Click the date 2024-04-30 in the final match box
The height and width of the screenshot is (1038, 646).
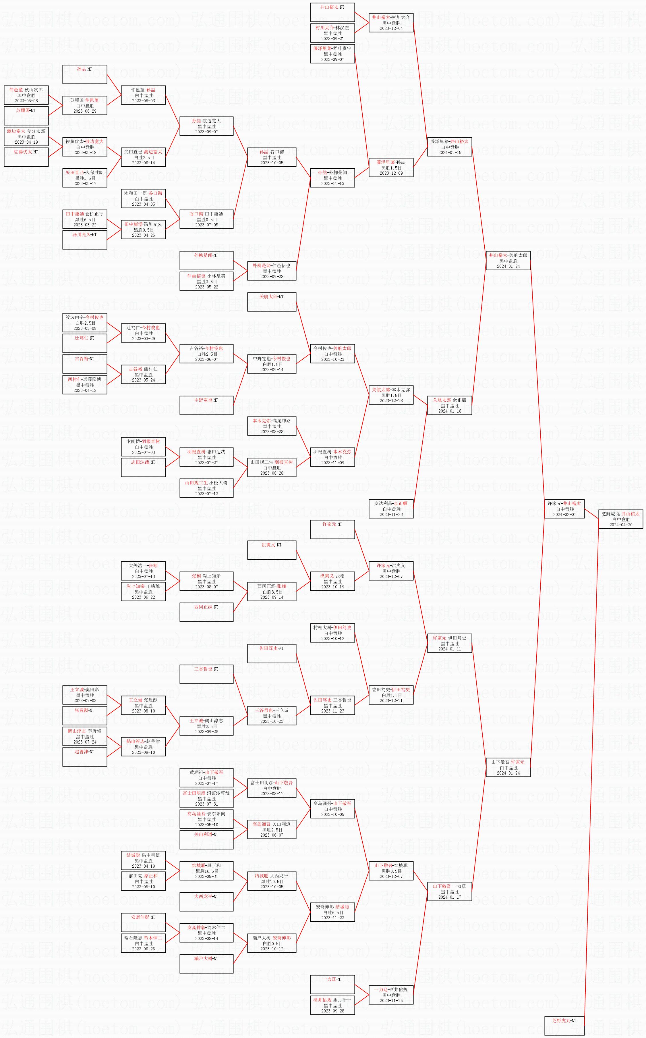[x=620, y=525]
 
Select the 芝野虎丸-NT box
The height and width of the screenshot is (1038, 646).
[x=564, y=1025]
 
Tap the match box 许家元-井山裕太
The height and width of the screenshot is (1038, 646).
[x=564, y=509]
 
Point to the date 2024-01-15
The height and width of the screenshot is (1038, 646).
[x=449, y=152]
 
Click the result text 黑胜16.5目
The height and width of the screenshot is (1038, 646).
[x=206, y=871]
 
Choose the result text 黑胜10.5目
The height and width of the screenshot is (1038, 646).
[x=272, y=881]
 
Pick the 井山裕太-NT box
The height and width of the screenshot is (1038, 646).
[x=332, y=12]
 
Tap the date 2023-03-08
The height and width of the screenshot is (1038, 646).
[x=85, y=328]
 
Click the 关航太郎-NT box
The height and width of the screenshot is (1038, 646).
[x=272, y=302]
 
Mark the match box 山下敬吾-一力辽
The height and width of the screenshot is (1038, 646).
[x=449, y=891]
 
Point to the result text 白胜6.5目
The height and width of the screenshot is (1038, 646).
[x=332, y=912]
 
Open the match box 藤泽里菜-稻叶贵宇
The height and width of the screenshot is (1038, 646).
[x=332, y=54]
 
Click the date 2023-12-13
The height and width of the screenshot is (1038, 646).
[x=391, y=400]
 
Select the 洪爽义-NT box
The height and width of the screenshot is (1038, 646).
[x=272, y=550]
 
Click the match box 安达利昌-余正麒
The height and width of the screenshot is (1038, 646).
[x=391, y=509]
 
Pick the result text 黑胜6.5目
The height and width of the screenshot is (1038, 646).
[x=85, y=219]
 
